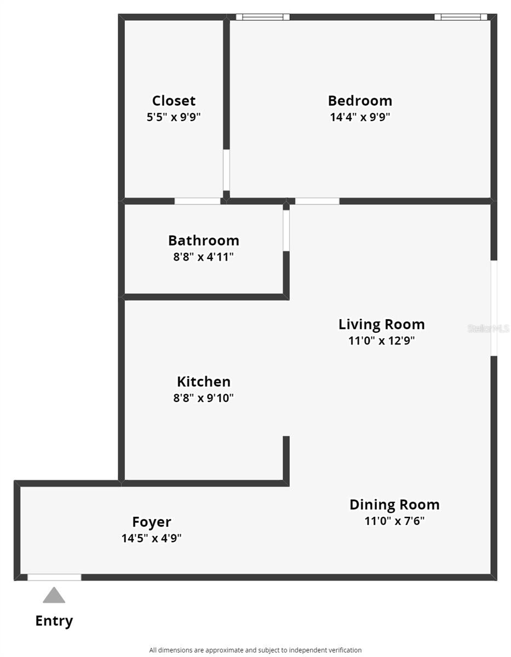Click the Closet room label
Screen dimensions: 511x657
coord(174,101)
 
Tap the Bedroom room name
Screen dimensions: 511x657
coord(360,101)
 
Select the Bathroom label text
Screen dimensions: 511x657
coord(204,241)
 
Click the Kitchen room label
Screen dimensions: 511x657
coord(204,382)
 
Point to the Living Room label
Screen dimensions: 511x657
coord(381,325)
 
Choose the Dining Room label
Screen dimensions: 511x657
coord(394,505)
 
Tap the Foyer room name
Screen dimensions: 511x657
coord(152,522)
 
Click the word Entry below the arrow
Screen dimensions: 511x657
coord(54,621)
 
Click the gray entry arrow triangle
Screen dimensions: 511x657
coord(54,595)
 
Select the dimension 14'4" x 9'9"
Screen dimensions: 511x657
coord(360,117)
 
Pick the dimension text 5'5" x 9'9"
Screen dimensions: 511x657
coord(174,117)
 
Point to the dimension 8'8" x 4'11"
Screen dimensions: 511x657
coord(203,257)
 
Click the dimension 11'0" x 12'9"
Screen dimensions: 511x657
coord(381,341)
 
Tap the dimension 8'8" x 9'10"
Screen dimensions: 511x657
coord(203,398)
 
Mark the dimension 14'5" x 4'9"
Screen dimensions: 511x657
coord(151,538)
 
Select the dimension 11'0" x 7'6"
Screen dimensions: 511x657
coord(394,521)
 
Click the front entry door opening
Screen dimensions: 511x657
coord(54,577)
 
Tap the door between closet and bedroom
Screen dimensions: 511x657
coord(226,170)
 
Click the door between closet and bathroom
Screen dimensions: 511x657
coord(198,201)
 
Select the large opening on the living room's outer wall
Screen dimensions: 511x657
coord(494,308)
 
